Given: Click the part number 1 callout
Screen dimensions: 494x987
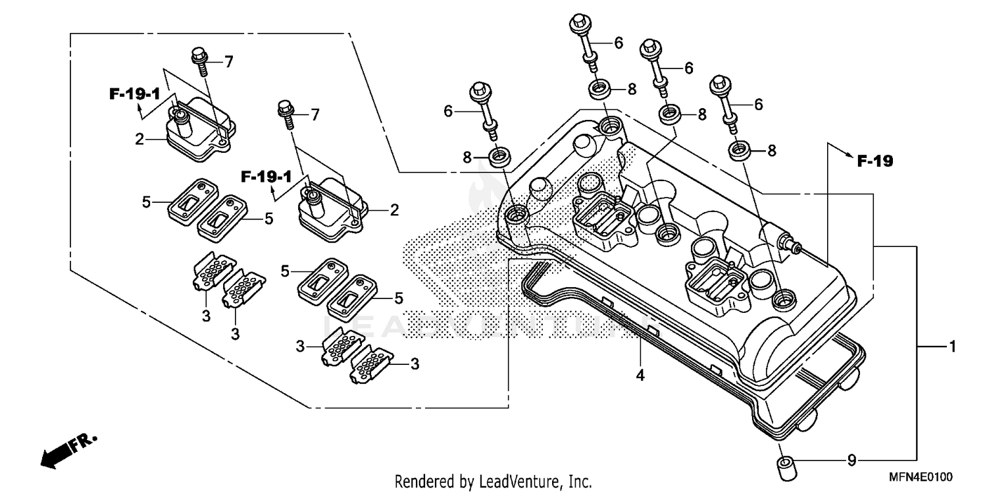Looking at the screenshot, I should (x=952, y=346).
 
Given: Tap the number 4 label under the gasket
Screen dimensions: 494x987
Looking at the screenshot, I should (x=640, y=376).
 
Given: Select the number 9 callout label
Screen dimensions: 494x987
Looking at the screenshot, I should (x=852, y=460).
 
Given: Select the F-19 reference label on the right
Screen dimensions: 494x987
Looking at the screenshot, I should (x=874, y=161).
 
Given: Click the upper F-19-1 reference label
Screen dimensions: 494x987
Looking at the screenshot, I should (x=135, y=95).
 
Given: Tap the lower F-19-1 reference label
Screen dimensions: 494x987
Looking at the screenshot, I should (x=266, y=177).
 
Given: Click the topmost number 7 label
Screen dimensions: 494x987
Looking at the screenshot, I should (x=228, y=63).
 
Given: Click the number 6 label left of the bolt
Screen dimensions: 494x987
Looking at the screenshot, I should (x=448, y=111).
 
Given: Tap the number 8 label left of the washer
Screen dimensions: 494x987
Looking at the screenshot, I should (x=467, y=157).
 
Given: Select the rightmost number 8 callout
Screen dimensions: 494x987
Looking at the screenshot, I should (x=771, y=150).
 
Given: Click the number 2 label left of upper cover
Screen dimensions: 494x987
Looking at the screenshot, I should (x=139, y=138).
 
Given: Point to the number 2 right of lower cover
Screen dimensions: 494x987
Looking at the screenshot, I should (x=394, y=210).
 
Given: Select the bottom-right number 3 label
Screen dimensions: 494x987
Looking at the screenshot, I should (x=415, y=364).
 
